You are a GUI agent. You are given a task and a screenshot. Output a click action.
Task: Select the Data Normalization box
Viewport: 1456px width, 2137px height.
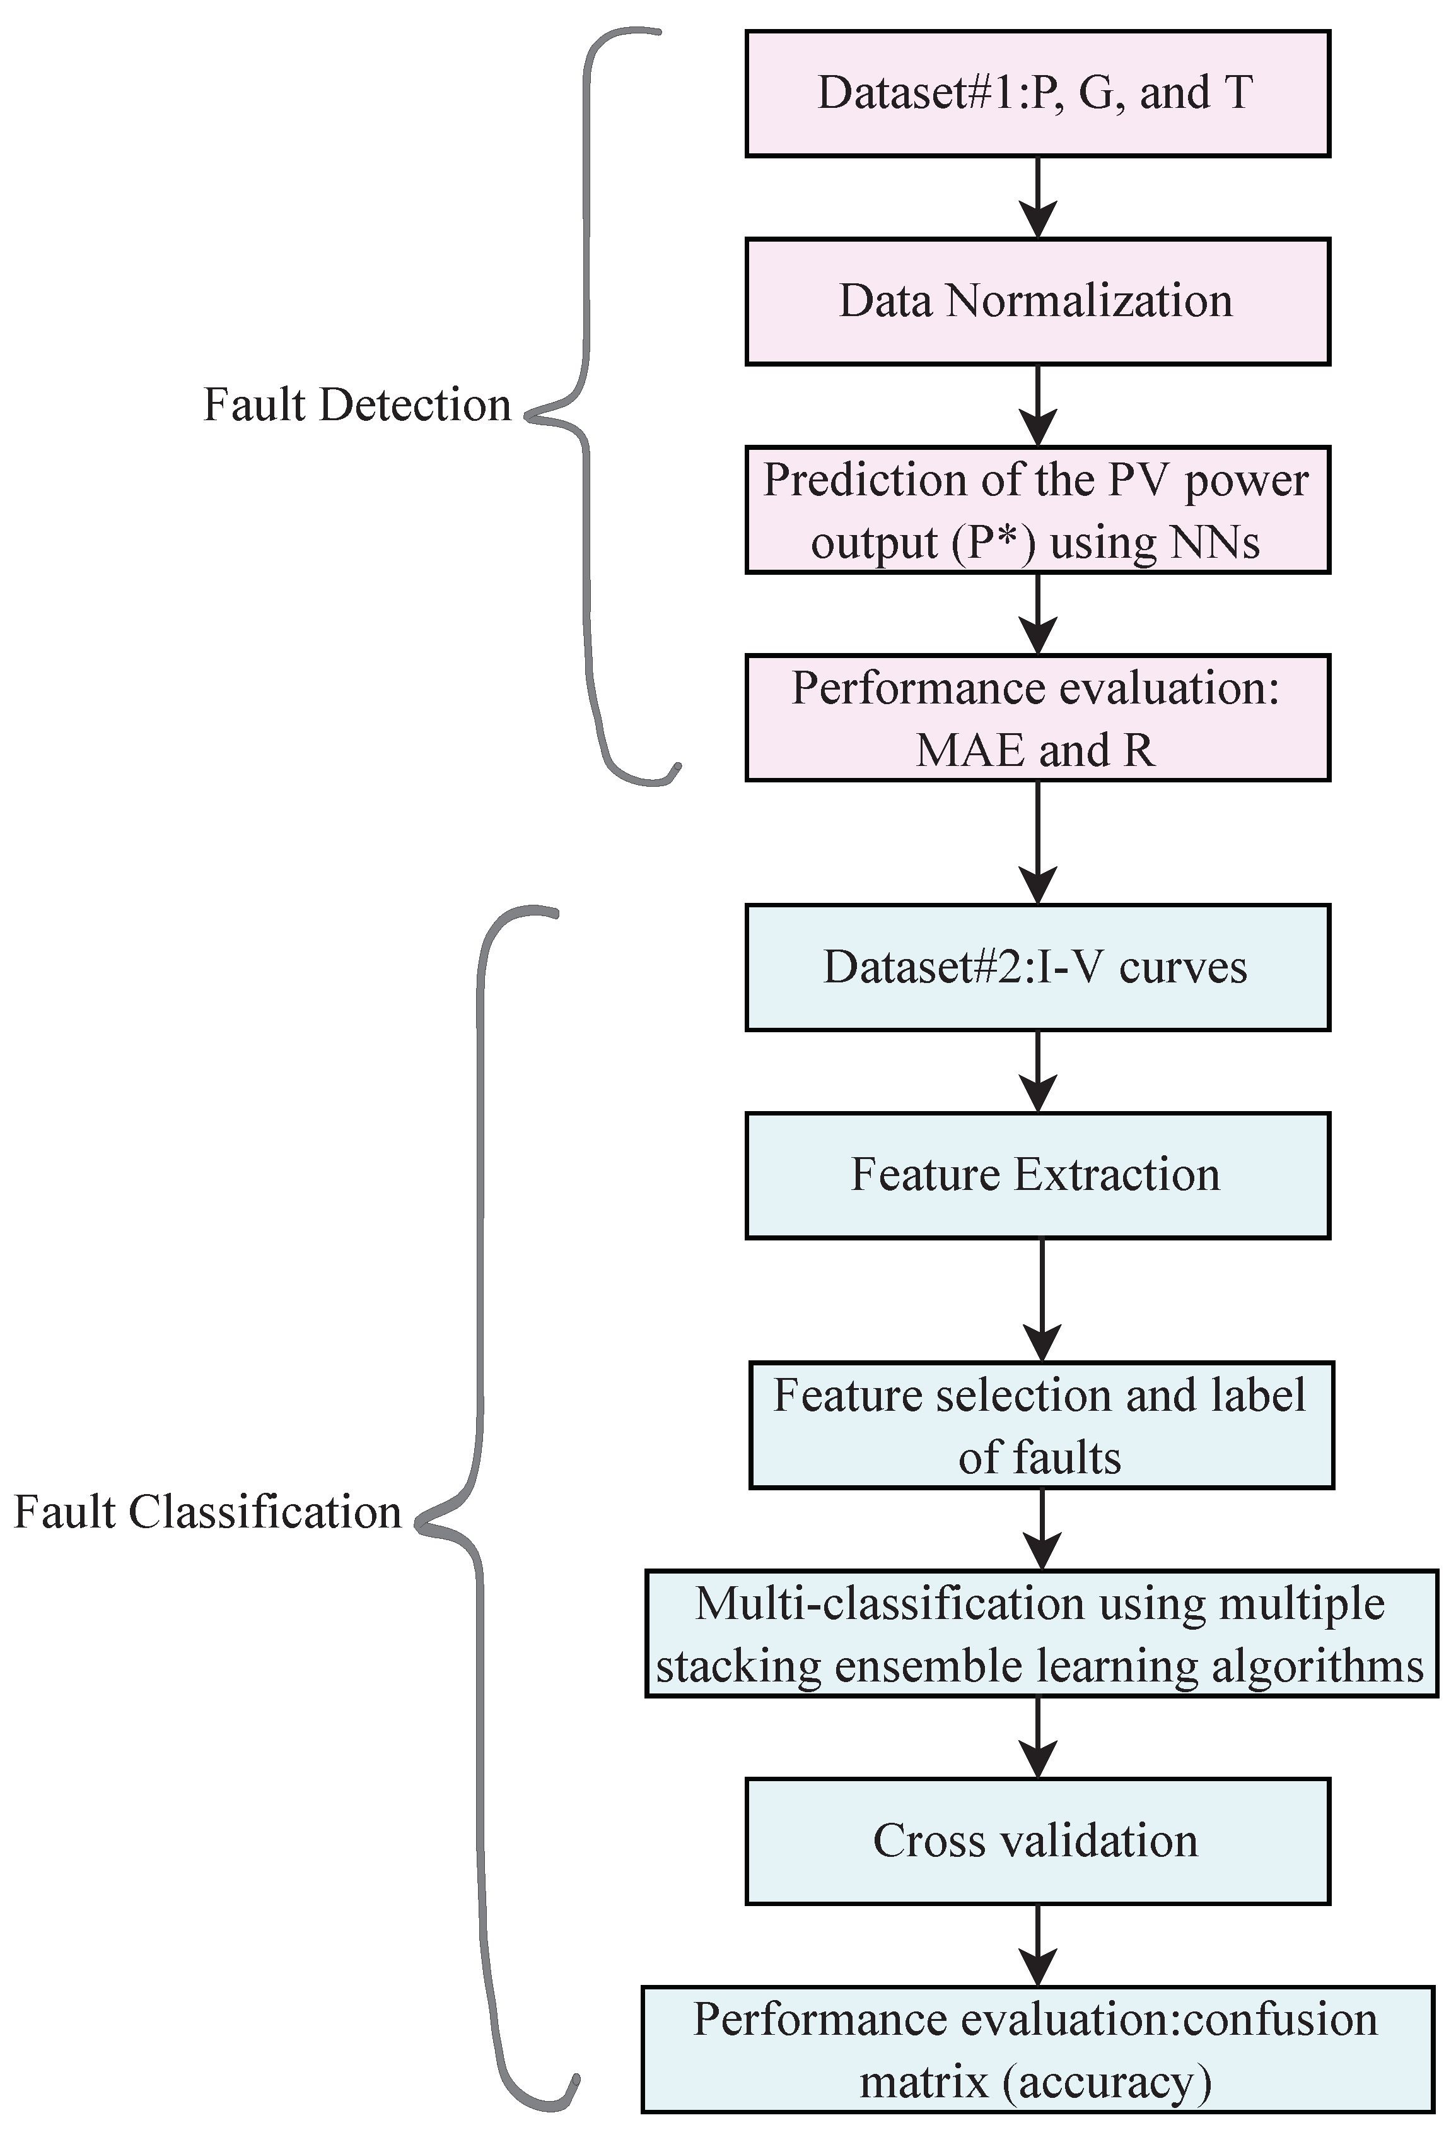point(1037,302)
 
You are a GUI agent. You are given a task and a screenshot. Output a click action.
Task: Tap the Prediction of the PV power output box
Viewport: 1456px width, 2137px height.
point(1037,510)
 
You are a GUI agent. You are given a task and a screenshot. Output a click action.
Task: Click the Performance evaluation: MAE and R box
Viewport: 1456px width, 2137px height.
point(1037,718)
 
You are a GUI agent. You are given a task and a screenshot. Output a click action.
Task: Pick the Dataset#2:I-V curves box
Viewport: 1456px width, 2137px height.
point(1037,967)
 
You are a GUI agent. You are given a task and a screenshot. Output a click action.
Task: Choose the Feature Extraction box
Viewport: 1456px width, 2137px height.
point(1037,1175)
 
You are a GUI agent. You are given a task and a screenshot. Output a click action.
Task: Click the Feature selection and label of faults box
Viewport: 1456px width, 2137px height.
point(1040,1425)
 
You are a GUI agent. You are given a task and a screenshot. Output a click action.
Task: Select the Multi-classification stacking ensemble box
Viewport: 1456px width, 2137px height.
point(1040,1634)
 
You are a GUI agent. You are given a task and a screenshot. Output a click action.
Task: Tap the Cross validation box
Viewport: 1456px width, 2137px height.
point(1037,1842)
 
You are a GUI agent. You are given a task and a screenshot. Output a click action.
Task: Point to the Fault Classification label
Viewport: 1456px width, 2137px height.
point(207,1512)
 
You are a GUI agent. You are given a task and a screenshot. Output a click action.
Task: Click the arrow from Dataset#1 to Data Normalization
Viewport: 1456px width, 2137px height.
point(1038,197)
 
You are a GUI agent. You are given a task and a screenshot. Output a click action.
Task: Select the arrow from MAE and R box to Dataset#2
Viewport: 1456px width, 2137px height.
point(1038,842)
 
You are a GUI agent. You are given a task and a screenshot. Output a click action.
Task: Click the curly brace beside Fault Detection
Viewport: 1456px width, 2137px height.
point(588,404)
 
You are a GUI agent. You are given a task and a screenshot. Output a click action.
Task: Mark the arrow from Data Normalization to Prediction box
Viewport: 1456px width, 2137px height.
point(1038,406)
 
